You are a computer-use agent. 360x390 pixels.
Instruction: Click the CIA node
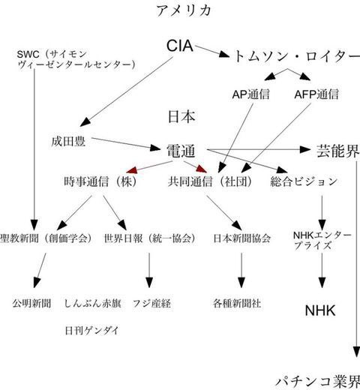coord(179,48)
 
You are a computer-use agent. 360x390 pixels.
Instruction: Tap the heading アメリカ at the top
coord(184,10)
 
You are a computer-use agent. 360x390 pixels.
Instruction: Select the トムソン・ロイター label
coord(292,56)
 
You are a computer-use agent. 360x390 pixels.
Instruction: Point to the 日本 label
coord(182,118)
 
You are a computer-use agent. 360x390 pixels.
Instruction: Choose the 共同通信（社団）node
coord(212,181)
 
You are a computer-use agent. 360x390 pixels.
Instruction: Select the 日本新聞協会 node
coord(241,238)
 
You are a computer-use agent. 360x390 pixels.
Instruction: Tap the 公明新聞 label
coord(31,304)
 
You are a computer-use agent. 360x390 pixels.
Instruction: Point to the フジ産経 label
coord(150,304)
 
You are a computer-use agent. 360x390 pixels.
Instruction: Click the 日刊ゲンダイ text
coord(91,330)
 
